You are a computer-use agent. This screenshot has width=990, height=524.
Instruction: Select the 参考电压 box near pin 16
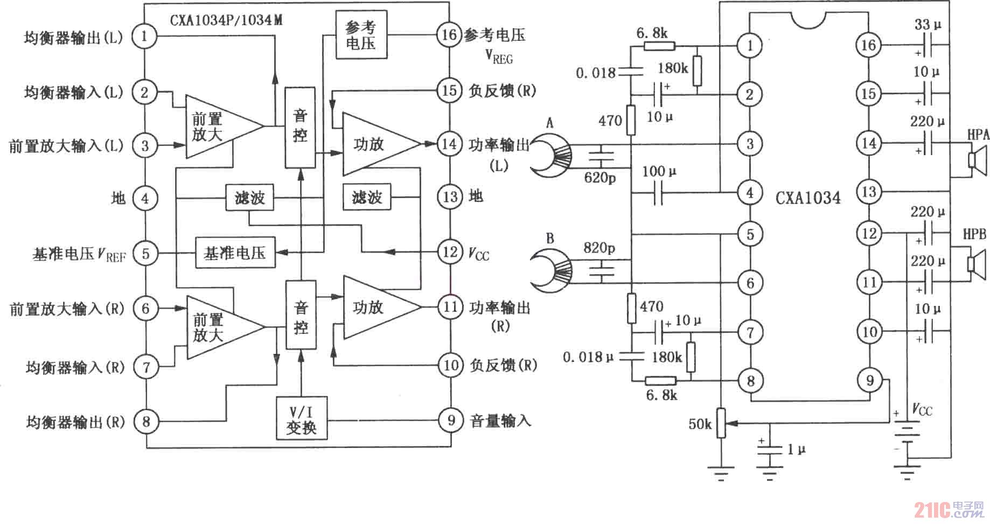click(360, 35)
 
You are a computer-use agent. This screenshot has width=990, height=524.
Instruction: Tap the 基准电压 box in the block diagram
click(235, 253)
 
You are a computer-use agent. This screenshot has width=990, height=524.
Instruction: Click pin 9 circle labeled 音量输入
click(451, 420)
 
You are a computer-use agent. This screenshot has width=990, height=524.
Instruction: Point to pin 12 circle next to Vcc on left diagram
click(450, 251)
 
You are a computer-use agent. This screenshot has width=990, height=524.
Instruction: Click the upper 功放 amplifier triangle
click(375, 144)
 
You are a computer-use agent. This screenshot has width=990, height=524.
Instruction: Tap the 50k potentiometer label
click(700, 424)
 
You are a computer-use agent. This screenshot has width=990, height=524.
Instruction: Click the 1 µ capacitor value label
click(797, 449)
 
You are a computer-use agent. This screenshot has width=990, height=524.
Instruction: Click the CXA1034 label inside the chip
click(808, 198)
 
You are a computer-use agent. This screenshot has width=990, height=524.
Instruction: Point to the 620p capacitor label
click(599, 177)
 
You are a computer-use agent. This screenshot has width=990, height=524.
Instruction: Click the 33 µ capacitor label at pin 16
click(928, 25)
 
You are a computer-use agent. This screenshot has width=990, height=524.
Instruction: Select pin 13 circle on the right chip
click(869, 191)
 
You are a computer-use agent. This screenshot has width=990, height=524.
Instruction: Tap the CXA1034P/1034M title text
click(226, 20)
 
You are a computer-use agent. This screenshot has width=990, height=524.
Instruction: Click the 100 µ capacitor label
click(659, 172)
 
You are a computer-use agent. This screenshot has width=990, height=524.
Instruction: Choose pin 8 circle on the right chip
click(750, 381)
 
